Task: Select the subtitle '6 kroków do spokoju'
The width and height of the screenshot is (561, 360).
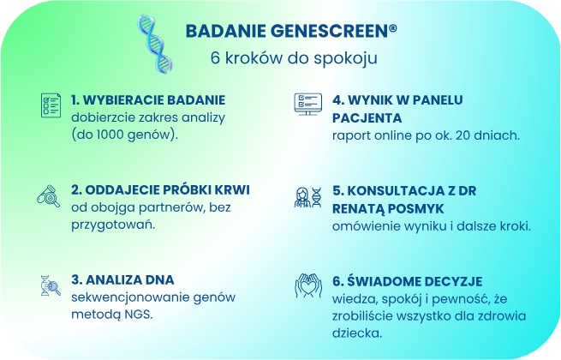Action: (x=294, y=59)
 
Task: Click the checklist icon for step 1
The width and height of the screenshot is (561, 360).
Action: (x=50, y=105)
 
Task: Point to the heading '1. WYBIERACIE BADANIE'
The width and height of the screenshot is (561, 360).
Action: (x=148, y=99)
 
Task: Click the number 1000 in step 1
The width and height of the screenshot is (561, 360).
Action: (x=117, y=135)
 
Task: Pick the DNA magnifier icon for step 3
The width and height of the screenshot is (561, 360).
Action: (x=50, y=285)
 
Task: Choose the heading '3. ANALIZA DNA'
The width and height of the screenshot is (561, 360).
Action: (x=122, y=279)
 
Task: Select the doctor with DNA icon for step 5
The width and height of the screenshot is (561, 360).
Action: (x=307, y=197)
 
